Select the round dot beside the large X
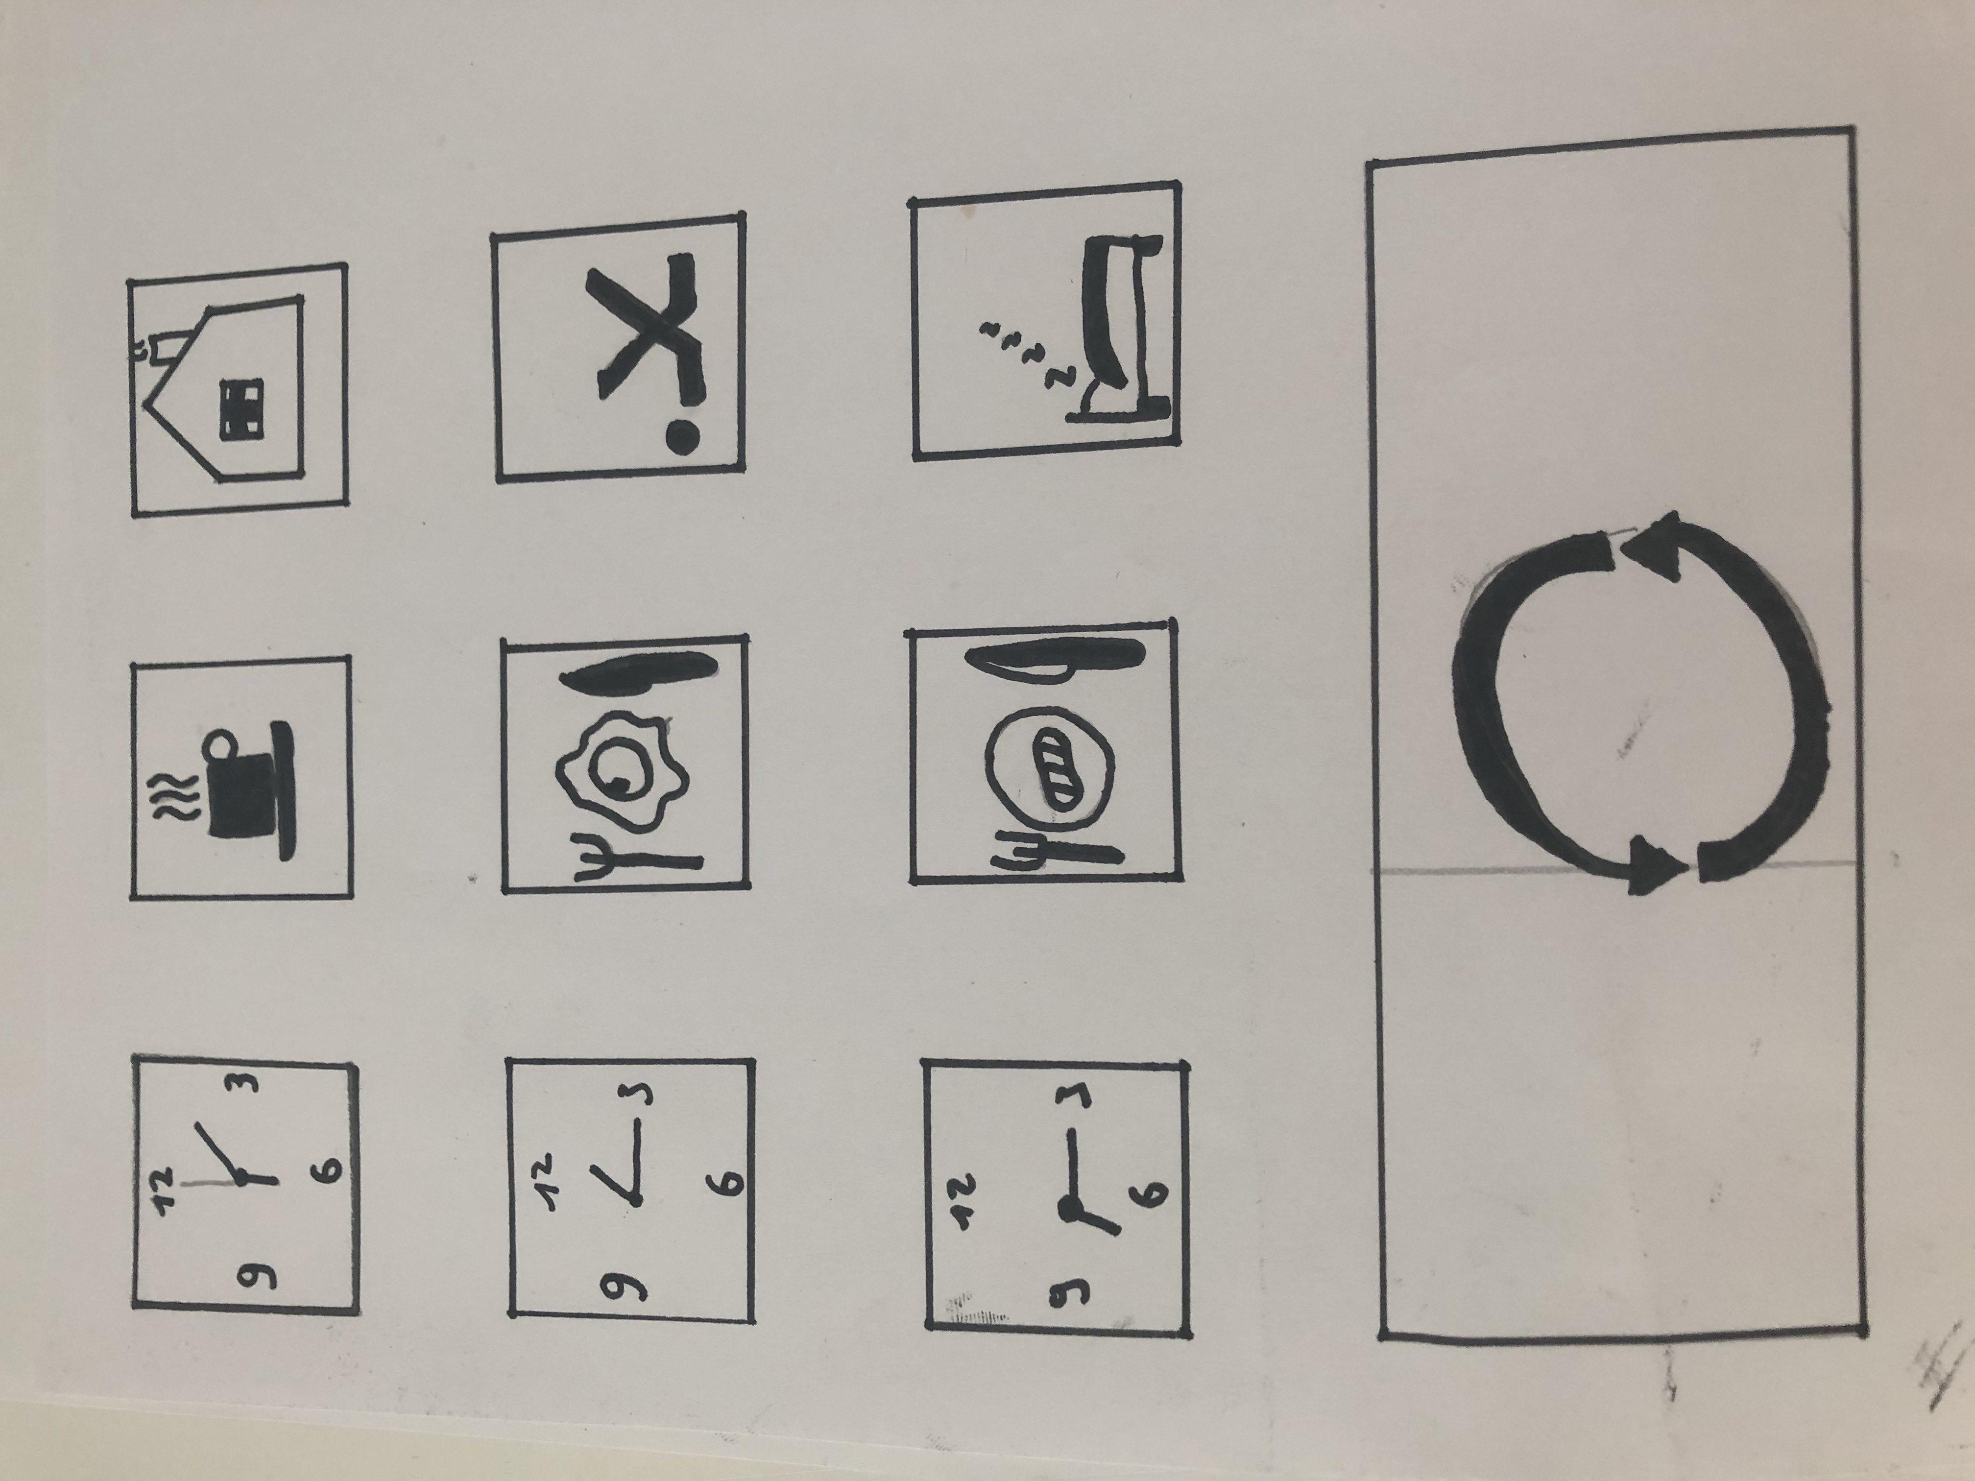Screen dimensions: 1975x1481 [x=683, y=437]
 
